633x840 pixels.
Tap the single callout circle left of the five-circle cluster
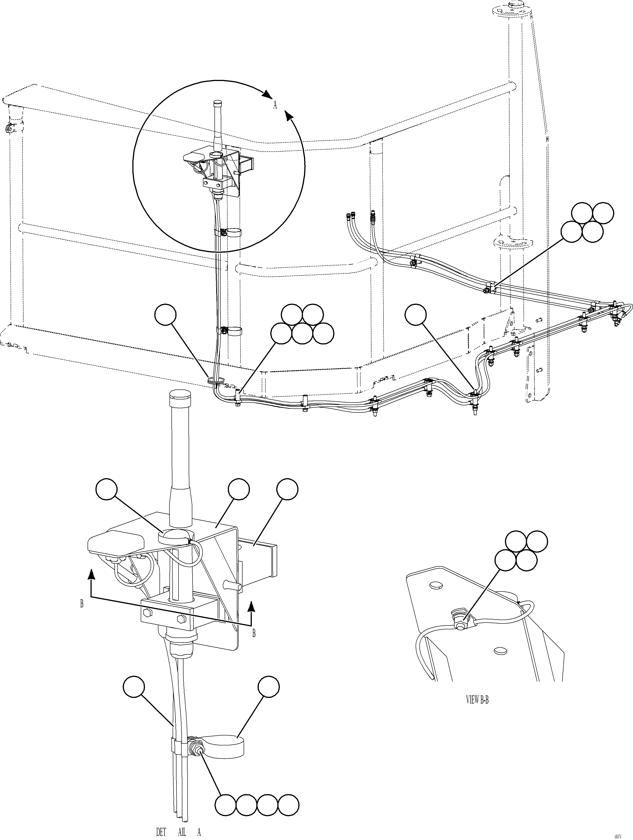(x=166, y=316)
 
